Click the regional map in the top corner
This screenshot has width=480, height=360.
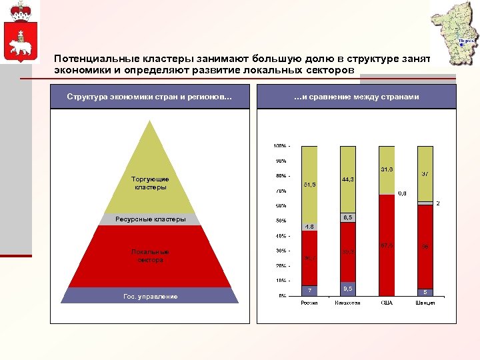pyautogui.click(x=455, y=33)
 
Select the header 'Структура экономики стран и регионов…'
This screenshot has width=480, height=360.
pyautogui.click(x=149, y=97)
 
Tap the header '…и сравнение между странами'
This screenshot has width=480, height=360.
pyautogui.click(x=357, y=97)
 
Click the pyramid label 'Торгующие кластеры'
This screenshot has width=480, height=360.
pyautogui.click(x=150, y=183)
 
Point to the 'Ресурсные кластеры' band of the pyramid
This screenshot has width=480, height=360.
pyautogui.click(x=149, y=219)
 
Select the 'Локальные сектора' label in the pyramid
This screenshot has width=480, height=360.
pyautogui.click(x=150, y=256)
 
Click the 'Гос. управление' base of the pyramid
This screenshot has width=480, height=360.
pyautogui.click(x=149, y=296)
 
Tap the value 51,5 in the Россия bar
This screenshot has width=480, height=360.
pyautogui.click(x=309, y=184)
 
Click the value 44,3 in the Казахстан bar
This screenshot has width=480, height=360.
pyautogui.click(x=347, y=180)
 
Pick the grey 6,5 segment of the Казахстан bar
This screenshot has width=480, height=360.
pyautogui.click(x=348, y=218)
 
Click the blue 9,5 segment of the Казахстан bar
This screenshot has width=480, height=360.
pyautogui.click(x=348, y=289)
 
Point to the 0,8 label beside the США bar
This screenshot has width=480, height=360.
pyautogui.click(x=403, y=193)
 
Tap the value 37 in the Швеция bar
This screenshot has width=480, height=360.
pyautogui.click(x=425, y=173)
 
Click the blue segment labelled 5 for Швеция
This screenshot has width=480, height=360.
pyautogui.click(x=425, y=292)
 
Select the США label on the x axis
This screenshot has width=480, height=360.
pyautogui.click(x=387, y=303)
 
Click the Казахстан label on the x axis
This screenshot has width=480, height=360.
pyautogui.click(x=348, y=303)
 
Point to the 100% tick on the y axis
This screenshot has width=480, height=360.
pyautogui.click(x=279, y=145)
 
